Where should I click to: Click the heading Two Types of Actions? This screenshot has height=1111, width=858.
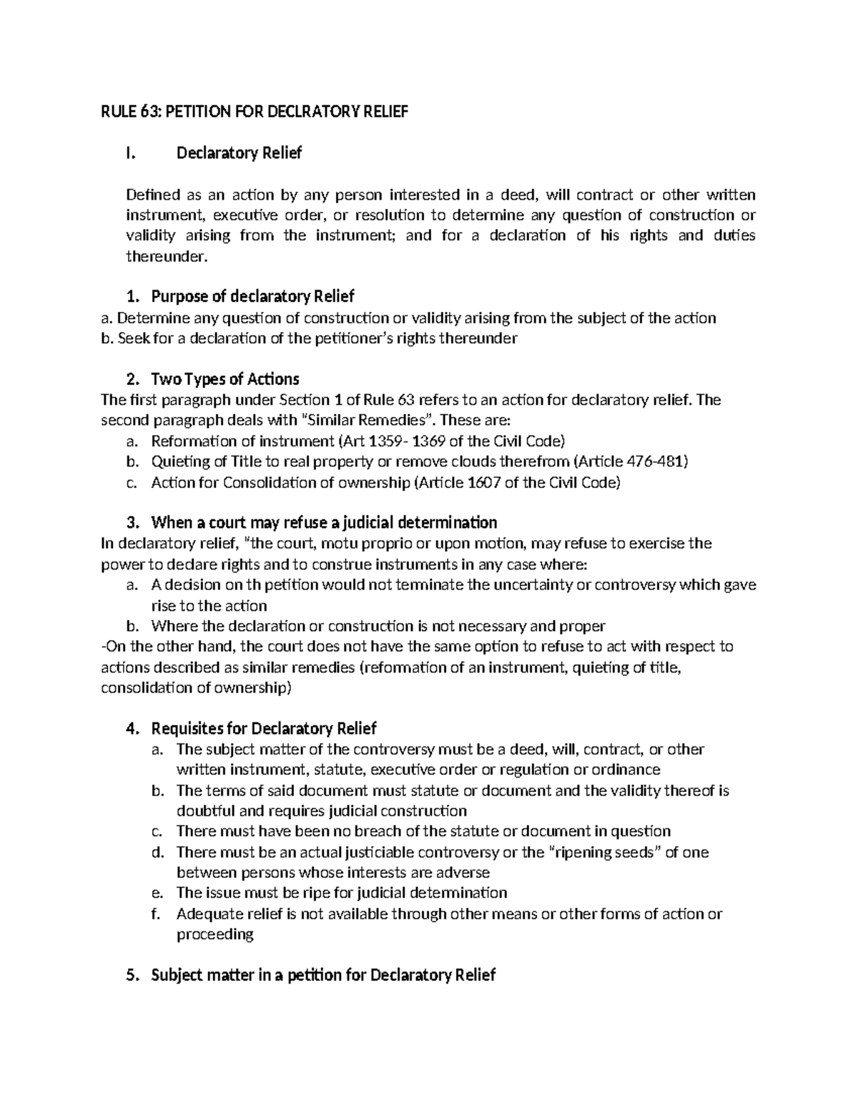point(225,379)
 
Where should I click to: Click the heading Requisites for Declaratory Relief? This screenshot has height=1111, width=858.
point(264,728)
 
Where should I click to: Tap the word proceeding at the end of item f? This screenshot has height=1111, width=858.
point(214,934)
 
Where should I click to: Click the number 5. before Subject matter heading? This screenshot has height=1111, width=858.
point(130,975)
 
